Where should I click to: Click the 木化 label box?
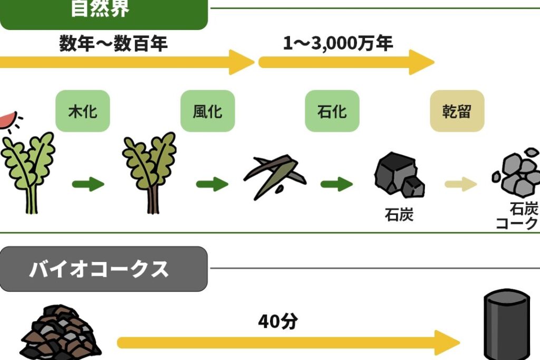83,111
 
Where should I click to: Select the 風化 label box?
207,111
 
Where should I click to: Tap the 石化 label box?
332,111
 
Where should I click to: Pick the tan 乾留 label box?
457,111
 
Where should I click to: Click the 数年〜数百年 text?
113,44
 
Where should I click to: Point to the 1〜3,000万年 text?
338,43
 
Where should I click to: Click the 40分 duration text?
278,321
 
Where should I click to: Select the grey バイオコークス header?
103,269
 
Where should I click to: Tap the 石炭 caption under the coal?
399,215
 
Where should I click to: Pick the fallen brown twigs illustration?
274,174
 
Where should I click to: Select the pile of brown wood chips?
60,332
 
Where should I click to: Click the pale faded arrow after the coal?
460,184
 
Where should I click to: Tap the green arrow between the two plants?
88,184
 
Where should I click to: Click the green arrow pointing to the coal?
336,184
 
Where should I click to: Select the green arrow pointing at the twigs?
212,184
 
